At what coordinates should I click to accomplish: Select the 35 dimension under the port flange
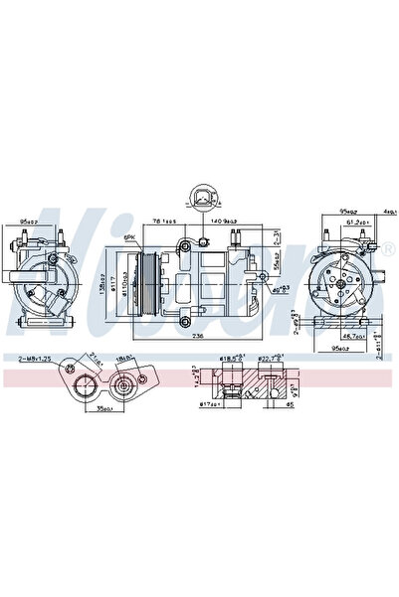(102, 406)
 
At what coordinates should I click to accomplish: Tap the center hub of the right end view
(341, 283)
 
